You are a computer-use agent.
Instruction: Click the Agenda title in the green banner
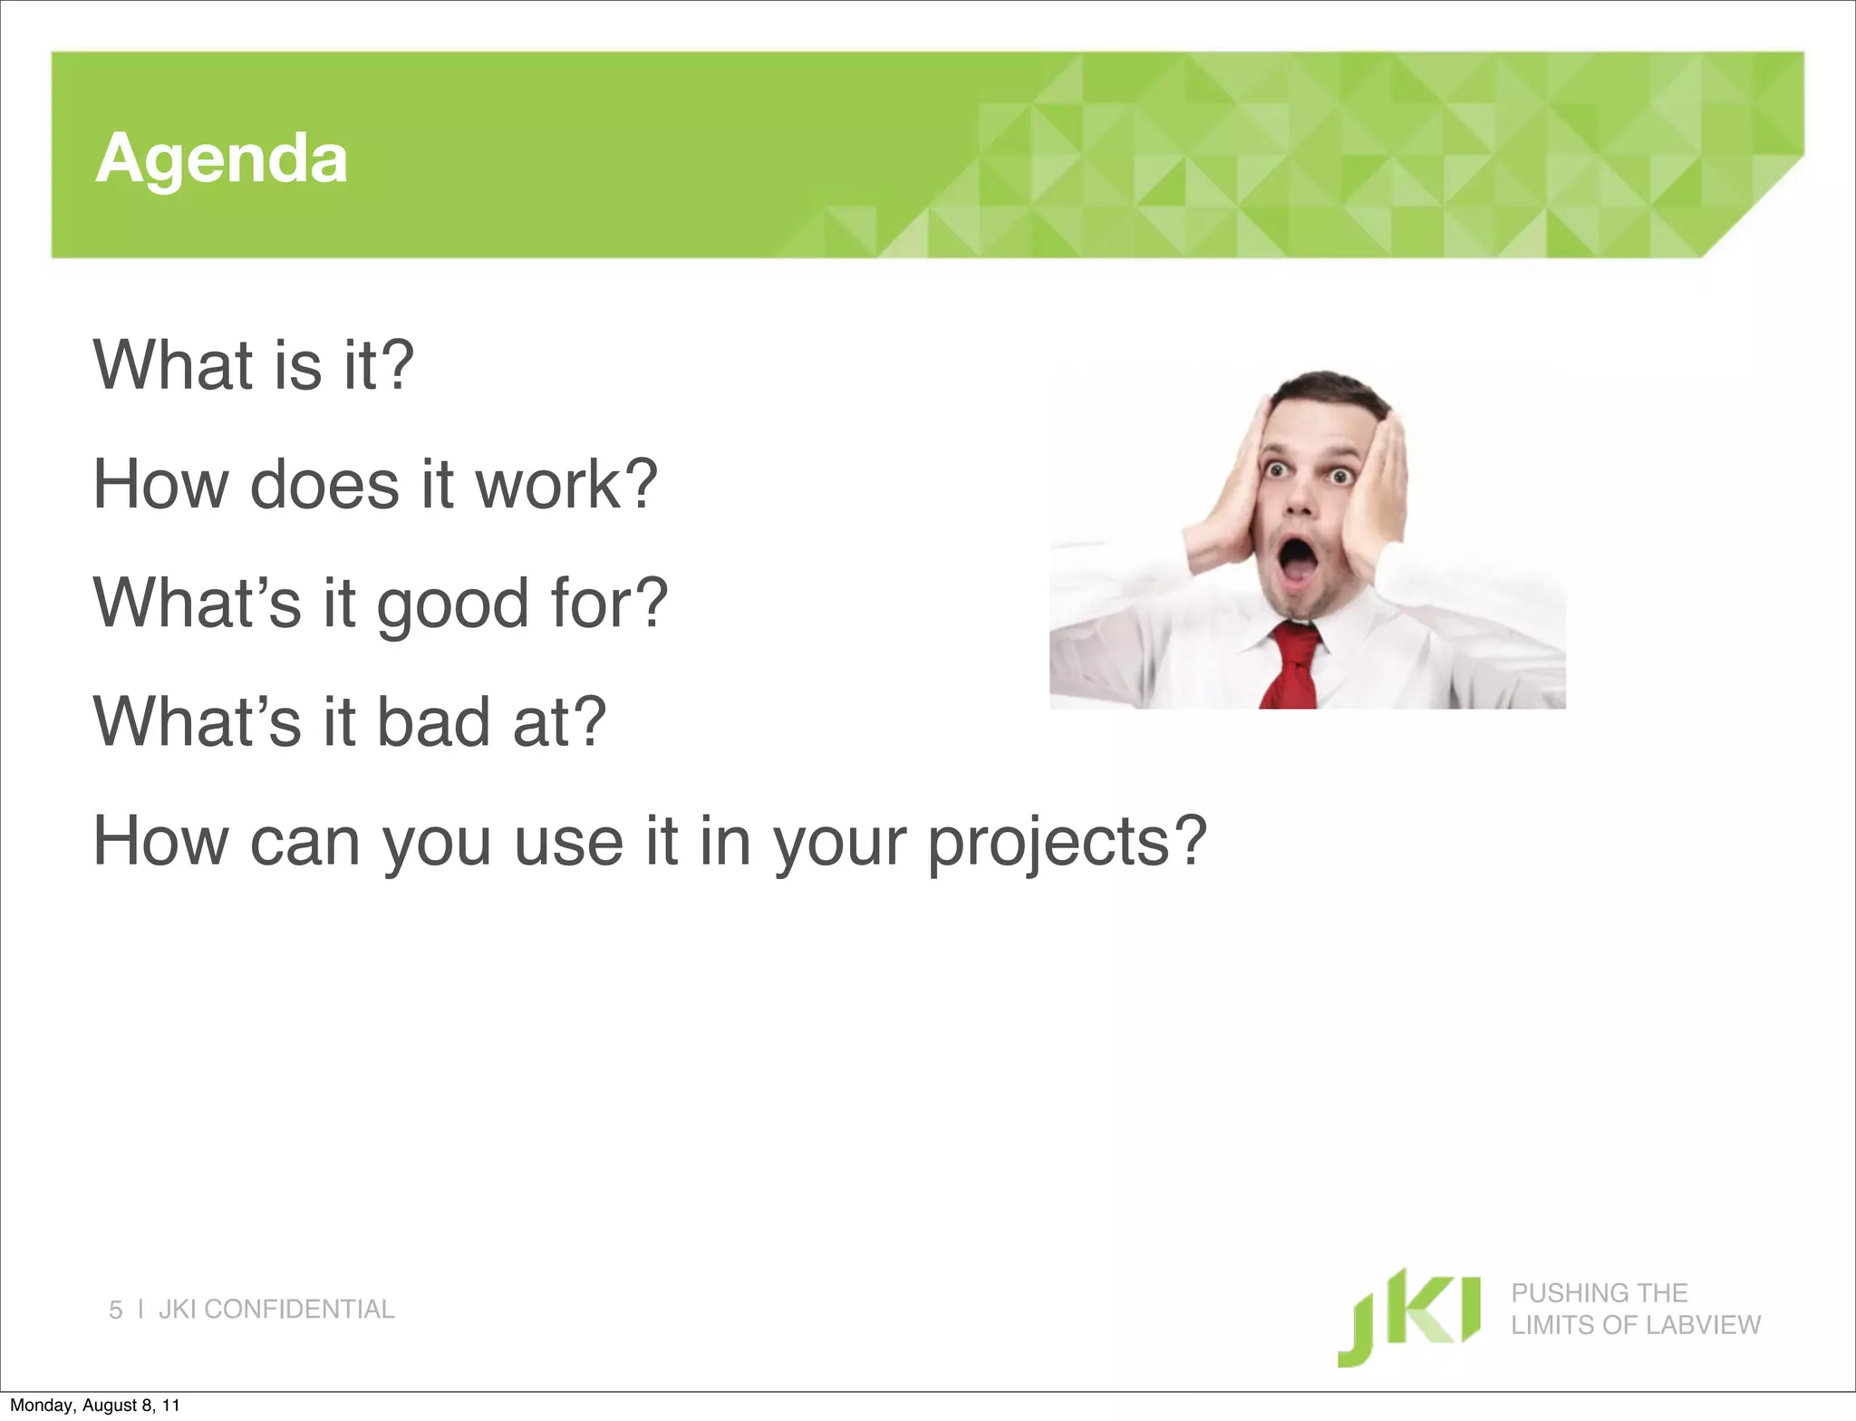point(221,159)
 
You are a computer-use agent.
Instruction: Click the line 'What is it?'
point(254,365)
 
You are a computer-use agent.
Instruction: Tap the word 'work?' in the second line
point(566,484)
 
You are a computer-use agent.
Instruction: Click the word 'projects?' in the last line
point(1067,843)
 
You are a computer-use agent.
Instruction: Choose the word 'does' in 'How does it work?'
point(324,484)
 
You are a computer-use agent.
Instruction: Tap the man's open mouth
point(1298,562)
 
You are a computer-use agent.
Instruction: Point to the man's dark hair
point(1329,389)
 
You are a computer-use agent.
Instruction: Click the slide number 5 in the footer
point(115,1310)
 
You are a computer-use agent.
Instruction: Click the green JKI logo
point(1409,1316)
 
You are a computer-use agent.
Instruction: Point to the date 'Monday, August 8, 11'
point(95,1406)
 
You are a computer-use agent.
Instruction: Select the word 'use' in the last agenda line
point(568,843)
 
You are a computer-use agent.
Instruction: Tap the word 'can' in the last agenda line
point(304,843)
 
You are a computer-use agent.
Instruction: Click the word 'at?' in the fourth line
point(559,722)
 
